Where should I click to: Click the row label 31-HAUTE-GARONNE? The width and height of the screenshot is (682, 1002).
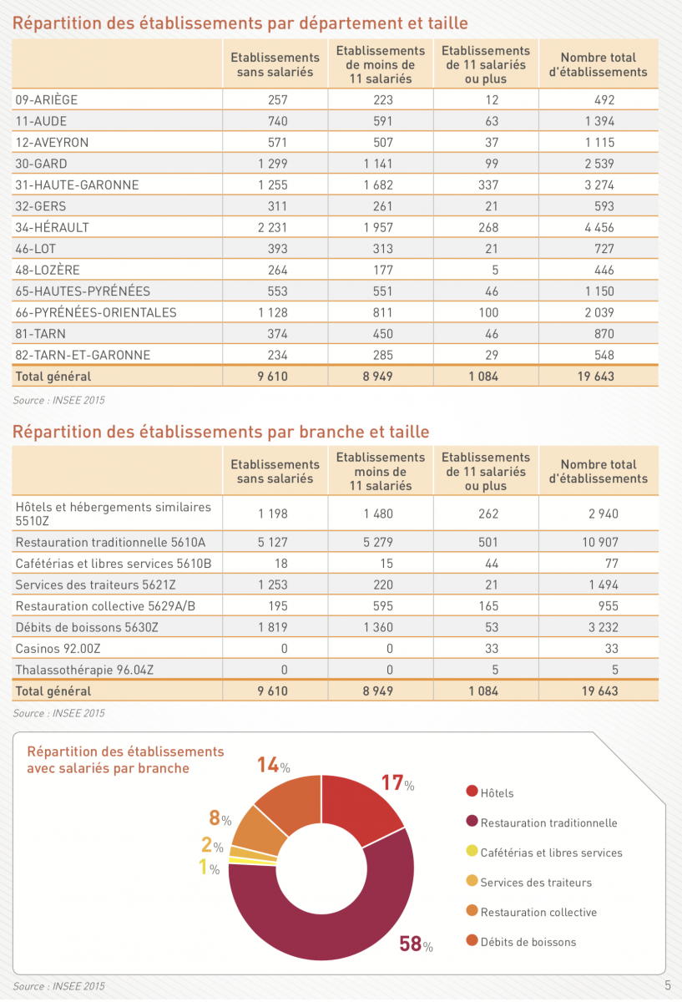[x=77, y=185]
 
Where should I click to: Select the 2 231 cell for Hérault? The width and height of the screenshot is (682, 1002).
[x=272, y=227]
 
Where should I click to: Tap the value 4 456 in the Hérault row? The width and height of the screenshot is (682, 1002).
[x=599, y=227]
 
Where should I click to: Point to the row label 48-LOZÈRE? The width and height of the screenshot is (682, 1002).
[x=48, y=270]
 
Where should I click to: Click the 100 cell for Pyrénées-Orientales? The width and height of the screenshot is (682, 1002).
[x=488, y=312]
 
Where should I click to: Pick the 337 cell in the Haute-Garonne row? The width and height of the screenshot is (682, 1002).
[x=488, y=185]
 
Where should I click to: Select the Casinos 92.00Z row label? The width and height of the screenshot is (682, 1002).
[x=58, y=648]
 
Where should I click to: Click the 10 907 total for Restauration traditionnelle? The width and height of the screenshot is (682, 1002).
[x=600, y=542]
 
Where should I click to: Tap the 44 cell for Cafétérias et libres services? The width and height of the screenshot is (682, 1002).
[x=492, y=563]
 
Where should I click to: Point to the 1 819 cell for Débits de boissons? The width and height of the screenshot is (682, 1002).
[x=272, y=627]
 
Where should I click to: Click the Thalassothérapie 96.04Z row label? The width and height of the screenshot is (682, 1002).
[x=84, y=670]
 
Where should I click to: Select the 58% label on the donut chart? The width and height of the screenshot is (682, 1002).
[x=416, y=944]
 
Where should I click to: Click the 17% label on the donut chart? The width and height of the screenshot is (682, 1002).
[x=397, y=783]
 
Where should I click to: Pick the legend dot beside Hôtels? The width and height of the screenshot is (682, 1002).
[x=472, y=791]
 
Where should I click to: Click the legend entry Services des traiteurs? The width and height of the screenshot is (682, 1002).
[x=536, y=882]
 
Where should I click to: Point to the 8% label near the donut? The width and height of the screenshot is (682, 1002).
[x=220, y=817]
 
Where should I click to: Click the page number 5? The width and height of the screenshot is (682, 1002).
[x=668, y=985]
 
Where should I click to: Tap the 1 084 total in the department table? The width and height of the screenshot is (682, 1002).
[x=483, y=377]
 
